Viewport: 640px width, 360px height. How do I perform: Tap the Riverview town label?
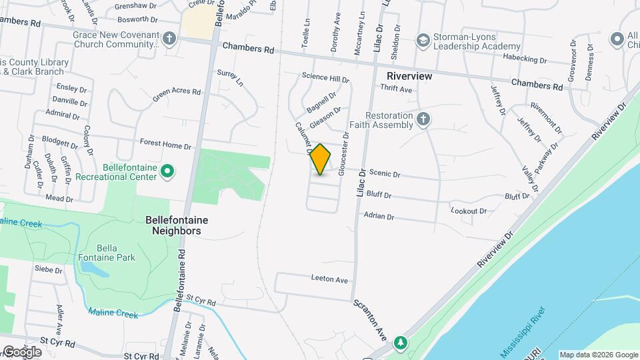pos(409,76)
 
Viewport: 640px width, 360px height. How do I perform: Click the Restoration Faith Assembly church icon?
pos(423,119)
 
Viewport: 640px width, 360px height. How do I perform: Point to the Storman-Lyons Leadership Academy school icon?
pos(422,41)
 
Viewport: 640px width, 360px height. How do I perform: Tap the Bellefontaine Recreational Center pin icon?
pos(168,172)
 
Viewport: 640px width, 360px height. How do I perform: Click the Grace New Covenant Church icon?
pos(169,37)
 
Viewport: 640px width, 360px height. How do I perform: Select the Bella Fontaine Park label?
pos(107,253)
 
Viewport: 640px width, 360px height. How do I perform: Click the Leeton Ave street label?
pos(329,280)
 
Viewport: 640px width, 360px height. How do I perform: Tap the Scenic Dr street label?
pos(384,175)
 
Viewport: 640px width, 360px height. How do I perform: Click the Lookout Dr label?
pos(469,211)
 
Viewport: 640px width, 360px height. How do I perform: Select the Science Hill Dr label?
pos(325,79)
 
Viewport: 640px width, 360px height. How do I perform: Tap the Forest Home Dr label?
pos(165,143)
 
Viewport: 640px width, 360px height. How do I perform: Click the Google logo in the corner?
pos(22,351)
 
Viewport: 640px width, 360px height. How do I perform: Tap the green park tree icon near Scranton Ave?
pos(400,343)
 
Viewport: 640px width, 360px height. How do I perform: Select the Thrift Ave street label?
pos(396,89)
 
